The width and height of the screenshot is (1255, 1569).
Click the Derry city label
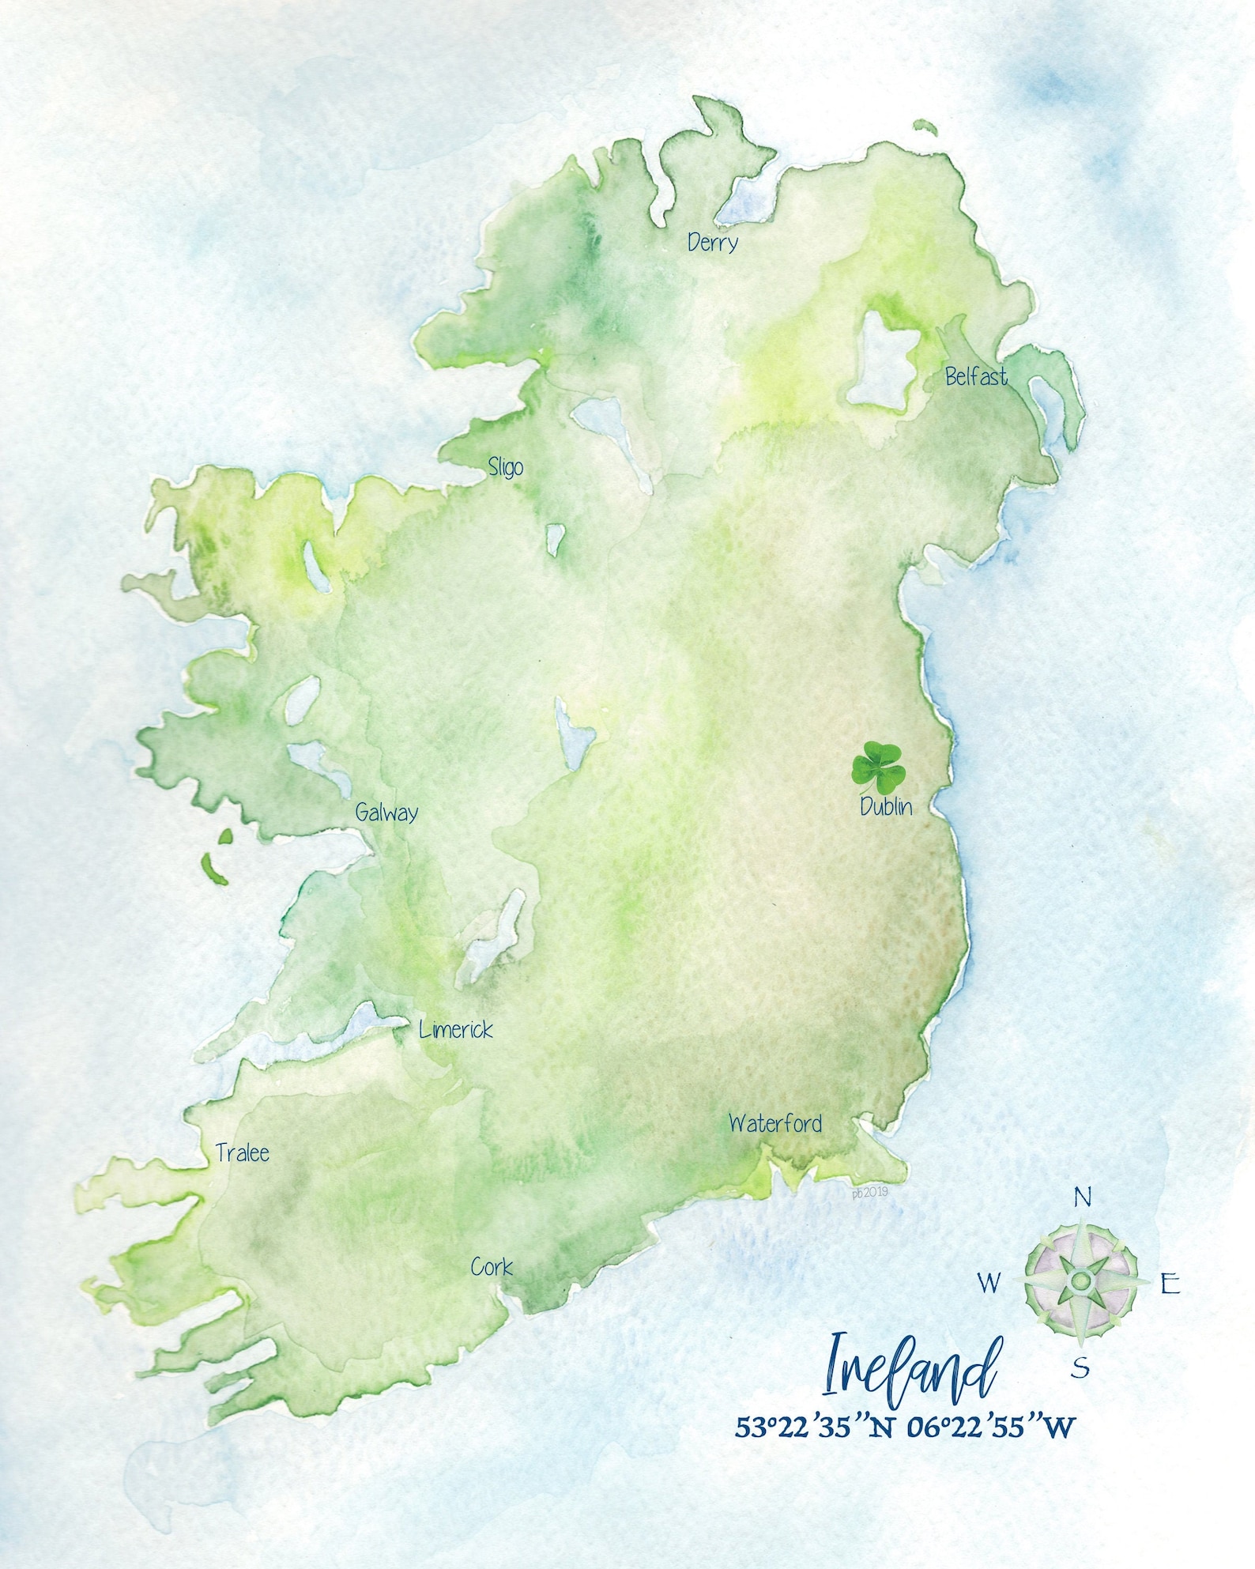coord(712,243)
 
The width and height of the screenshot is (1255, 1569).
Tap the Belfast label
coord(976,377)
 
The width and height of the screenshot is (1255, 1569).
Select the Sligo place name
coord(505,467)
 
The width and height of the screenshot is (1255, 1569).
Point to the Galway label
coord(386,813)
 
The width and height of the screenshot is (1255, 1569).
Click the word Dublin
coord(886,806)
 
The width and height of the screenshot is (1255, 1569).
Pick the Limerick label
coord(456,1030)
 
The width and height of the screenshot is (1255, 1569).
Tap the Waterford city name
coord(774,1123)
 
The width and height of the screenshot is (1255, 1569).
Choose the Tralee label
coord(243,1153)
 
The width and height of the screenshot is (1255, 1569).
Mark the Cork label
coord(492,1267)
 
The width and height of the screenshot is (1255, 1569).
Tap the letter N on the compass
coord(1082,1198)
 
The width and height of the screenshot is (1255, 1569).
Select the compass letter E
coord(1170,1284)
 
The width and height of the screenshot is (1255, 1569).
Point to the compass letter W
coord(989,1283)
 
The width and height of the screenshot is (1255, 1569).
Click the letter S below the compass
coord(1080,1367)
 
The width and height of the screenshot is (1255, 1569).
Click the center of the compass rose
coord(1081,1280)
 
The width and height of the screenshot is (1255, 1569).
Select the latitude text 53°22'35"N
coord(815,1427)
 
